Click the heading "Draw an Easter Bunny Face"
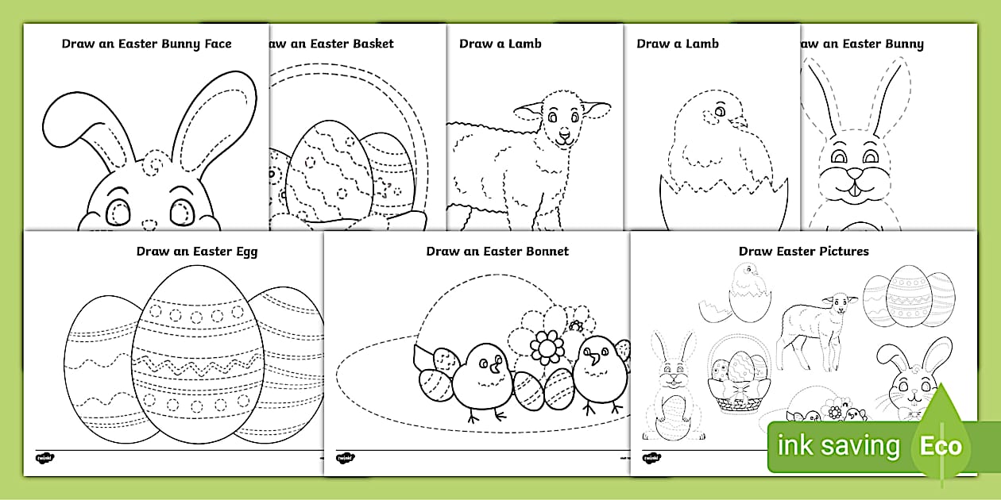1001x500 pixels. click(148, 44)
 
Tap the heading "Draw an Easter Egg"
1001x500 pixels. click(197, 252)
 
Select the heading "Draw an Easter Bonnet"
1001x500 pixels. click(497, 252)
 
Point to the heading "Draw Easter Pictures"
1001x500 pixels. click(803, 252)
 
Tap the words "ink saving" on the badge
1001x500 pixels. click(839, 446)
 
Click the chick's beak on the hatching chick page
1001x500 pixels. click(740, 123)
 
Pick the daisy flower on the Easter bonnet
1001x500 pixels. click(546, 347)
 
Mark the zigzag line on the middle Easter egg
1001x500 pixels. click(187, 367)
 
